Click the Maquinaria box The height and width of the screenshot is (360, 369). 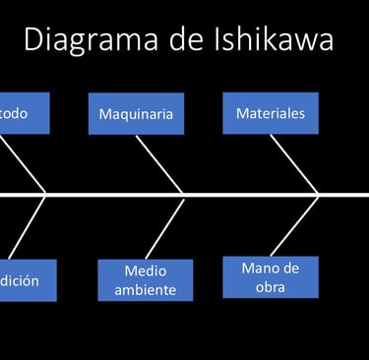(136, 114)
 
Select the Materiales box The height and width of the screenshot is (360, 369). (271, 113)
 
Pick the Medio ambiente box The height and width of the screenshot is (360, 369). (146, 279)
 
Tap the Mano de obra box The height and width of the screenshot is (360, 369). (271, 276)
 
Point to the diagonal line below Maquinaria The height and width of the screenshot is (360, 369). (159, 163)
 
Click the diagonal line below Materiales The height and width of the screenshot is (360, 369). (294, 163)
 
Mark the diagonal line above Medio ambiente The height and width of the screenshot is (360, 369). (162, 227)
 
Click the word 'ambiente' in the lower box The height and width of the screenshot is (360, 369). (146, 289)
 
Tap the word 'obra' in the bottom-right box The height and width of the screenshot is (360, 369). (271, 286)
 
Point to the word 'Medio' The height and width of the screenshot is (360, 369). (146, 270)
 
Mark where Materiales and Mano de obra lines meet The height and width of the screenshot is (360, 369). (318, 195)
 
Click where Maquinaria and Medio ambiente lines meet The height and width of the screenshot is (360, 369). (183, 195)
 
